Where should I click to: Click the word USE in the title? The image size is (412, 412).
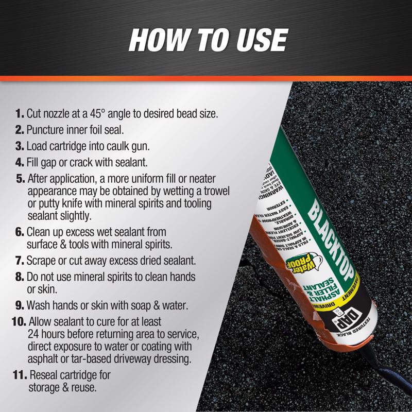[x=261, y=40]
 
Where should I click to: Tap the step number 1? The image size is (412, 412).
[x=20, y=113]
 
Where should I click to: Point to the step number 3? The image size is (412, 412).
[x=20, y=146]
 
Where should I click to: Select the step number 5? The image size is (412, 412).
[x=20, y=179]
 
